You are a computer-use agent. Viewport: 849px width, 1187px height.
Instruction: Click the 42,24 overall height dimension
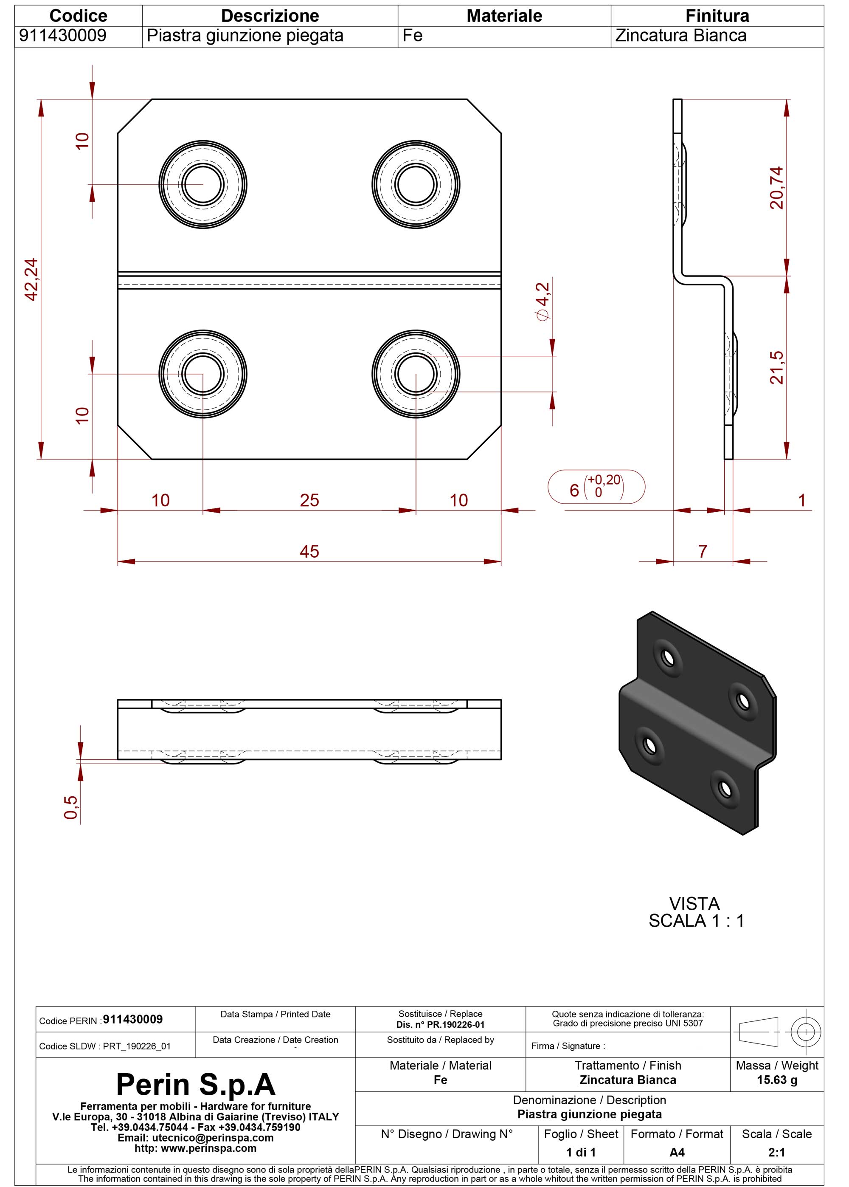tap(32, 280)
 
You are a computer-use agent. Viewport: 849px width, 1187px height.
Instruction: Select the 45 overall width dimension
tap(309, 551)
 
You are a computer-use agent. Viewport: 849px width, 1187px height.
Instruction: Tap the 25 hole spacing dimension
tap(309, 500)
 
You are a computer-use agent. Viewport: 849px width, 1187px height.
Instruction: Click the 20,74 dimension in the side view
tap(777, 188)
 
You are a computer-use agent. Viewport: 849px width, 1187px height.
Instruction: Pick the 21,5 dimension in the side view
tap(777, 368)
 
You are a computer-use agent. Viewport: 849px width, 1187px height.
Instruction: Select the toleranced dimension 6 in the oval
tap(596, 487)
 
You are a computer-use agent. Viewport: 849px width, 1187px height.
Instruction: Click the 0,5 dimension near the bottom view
tap(70, 807)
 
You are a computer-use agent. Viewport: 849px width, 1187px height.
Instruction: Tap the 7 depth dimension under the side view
tap(703, 551)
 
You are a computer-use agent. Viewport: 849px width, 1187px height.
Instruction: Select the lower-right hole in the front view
tap(416, 374)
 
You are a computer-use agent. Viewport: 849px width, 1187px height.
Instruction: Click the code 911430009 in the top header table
tap(63, 36)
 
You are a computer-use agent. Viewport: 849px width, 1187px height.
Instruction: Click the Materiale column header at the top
tap(504, 16)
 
